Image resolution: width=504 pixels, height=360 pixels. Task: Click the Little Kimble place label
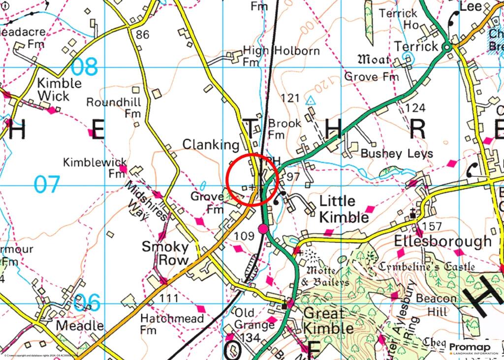[x=344, y=209]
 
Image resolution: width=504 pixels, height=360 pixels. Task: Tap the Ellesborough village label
[x=442, y=241]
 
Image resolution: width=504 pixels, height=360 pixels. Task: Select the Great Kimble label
[x=328, y=321]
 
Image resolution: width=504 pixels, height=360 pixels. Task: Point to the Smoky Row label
[x=165, y=253]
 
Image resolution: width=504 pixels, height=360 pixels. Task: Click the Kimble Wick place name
[x=60, y=89]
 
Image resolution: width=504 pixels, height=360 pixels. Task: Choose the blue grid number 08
[x=85, y=66]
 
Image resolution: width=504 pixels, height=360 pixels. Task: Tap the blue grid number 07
[x=47, y=185]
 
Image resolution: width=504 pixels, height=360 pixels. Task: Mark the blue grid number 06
[x=88, y=302]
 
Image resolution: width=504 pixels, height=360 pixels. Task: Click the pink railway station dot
[x=263, y=228]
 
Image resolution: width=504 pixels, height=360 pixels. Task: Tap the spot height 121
[x=290, y=98]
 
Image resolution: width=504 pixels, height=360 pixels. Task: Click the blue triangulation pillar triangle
[x=310, y=100]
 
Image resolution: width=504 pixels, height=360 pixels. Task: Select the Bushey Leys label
[x=397, y=153]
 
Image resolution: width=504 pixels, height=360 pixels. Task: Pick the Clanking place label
[x=211, y=144]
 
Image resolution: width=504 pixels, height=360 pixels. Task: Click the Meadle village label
[x=80, y=326]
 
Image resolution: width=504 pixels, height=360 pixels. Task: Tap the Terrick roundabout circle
[x=446, y=47]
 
